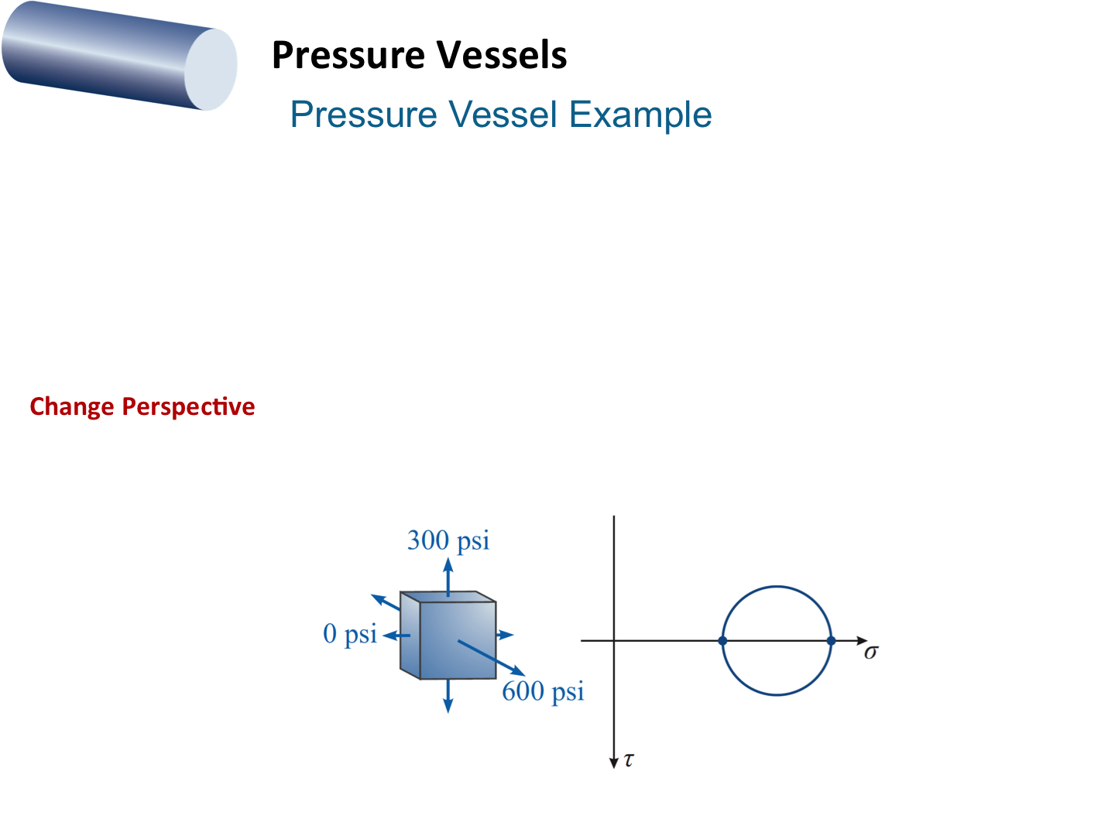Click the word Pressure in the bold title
pos(348,56)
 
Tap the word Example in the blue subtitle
pos(640,115)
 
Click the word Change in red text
pos(71,406)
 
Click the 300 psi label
pos(448,540)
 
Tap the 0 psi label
pos(350,634)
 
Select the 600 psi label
pos(543,691)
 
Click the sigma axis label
pos(871,653)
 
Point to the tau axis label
pos(629,760)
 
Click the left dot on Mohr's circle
pos(722,641)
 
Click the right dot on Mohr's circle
pos(831,641)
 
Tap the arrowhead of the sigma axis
pos(863,641)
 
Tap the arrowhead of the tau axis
pos(614,763)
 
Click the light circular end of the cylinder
pos(211,70)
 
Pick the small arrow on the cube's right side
pos(505,635)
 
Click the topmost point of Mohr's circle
pos(777,586)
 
